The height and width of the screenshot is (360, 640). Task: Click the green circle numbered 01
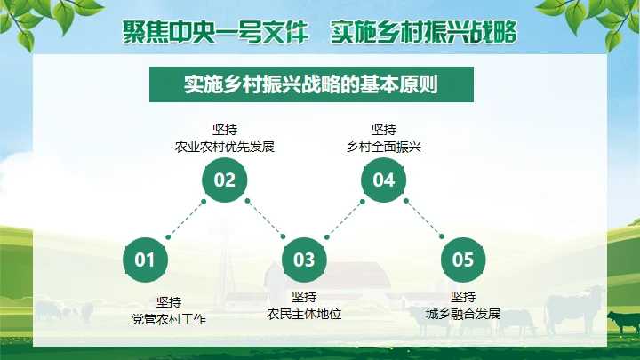point(145,260)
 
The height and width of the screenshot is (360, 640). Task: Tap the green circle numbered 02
point(224,180)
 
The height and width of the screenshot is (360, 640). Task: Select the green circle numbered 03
point(304,260)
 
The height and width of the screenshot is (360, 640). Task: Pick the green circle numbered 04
point(383,180)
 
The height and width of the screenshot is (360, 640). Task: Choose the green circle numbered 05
point(463,260)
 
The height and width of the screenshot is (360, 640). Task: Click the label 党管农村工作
point(169,317)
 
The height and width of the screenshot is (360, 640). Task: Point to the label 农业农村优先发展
point(225,147)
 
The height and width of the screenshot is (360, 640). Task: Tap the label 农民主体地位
point(304,313)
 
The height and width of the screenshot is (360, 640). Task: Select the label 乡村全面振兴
point(383,147)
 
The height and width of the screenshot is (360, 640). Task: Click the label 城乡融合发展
point(463,313)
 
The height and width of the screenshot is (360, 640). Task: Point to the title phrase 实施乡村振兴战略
point(423,32)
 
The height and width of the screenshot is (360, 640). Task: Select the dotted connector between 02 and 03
point(264,220)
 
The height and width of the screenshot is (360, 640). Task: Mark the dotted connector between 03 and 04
point(344,220)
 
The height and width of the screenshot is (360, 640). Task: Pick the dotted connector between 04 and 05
point(423,220)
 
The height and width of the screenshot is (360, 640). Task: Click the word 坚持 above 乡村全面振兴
point(383,130)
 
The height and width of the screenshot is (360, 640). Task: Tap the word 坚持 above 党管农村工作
point(169,301)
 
